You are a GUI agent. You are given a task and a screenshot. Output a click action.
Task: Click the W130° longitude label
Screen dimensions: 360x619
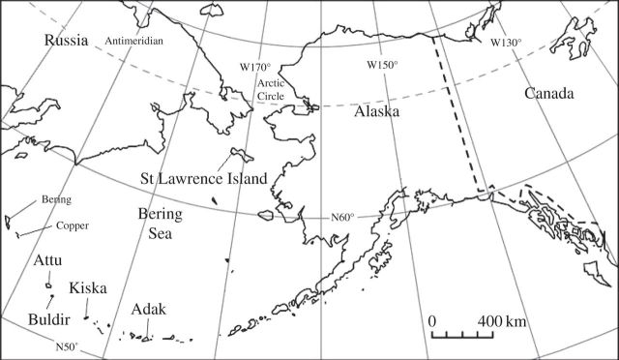[x=504, y=43]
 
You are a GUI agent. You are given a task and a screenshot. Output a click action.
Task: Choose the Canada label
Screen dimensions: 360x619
[x=549, y=94]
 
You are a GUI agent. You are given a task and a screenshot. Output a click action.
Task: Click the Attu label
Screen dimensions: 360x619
[x=48, y=261]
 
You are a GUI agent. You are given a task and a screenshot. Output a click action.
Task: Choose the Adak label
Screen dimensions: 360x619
[x=150, y=310]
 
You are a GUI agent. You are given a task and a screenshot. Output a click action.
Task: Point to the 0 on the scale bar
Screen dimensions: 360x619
[x=433, y=320]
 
